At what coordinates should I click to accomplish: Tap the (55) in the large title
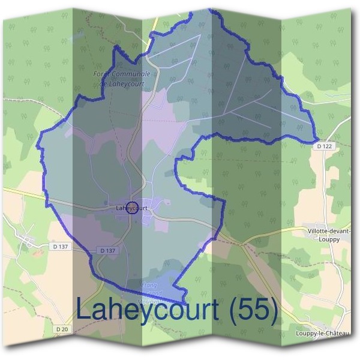[x=251, y=310]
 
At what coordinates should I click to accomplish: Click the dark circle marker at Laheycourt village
[x=133, y=208]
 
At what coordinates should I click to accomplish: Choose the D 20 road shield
[x=62, y=329]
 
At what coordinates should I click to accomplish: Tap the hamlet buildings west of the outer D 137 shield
[x=27, y=241]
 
